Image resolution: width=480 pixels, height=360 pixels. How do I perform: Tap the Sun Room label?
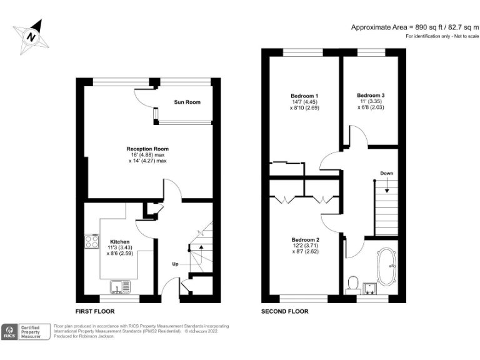click(x=187, y=102)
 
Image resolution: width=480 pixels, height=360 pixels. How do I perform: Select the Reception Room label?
click(x=147, y=149)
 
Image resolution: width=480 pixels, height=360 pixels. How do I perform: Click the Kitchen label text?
click(x=120, y=241)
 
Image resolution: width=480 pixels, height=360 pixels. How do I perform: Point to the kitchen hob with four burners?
click(x=92, y=241)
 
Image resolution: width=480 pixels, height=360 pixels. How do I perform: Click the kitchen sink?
click(x=118, y=287)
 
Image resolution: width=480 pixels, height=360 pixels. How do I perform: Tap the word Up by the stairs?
click(x=176, y=264)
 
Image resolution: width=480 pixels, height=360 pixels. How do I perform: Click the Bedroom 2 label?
click(x=306, y=239)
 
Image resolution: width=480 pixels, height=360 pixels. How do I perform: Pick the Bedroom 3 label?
click(x=371, y=96)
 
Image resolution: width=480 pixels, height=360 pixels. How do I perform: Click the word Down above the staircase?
click(x=386, y=173)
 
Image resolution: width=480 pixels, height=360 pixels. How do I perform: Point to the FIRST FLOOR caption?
click(x=95, y=311)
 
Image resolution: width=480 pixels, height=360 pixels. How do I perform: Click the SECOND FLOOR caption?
click(x=285, y=311)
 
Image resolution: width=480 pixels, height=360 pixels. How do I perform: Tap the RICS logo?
click(x=11, y=331)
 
